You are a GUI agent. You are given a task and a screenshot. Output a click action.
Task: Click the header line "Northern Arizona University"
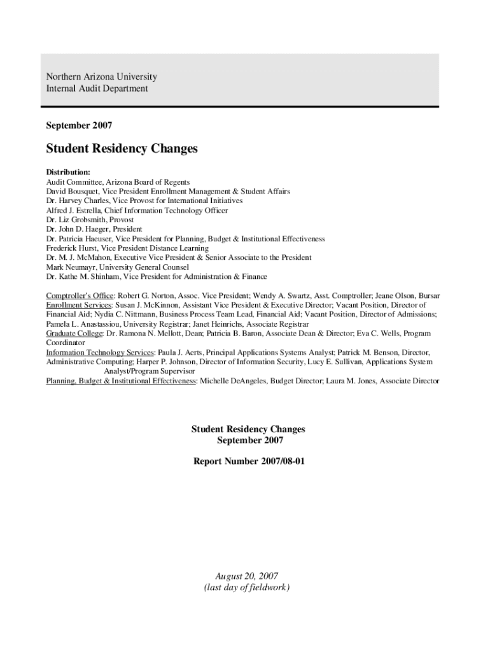pyautogui.click(x=101, y=77)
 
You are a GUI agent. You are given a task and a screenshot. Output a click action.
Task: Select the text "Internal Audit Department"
pyautogui.click(x=97, y=89)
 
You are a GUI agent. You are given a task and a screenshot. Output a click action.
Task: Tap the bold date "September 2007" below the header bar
pyautogui.click(x=79, y=125)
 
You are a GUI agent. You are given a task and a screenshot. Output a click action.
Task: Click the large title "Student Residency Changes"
pyautogui.click(x=122, y=149)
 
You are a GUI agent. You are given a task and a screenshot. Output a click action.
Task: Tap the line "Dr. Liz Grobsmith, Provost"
pyautogui.click(x=90, y=220)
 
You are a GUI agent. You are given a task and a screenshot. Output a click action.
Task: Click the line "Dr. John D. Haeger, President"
pyautogui.click(x=94, y=229)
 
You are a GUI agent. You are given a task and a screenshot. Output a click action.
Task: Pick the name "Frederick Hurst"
pyautogui.click(x=71, y=248)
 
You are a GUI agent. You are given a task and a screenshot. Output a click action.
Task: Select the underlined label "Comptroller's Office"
pyautogui.click(x=80, y=296)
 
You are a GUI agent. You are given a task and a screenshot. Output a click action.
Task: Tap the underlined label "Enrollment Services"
pyautogui.click(x=79, y=305)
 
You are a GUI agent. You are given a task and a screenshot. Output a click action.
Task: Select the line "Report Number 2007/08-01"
pyautogui.click(x=249, y=460)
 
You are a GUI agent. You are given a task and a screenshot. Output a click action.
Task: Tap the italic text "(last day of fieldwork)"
pyautogui.click(x=247, y=587)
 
